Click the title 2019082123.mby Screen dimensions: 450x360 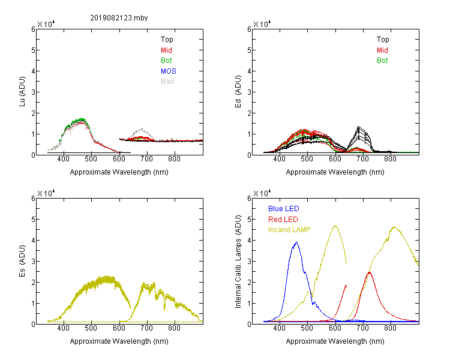(x=119, y=18)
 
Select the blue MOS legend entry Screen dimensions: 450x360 (x=169, y=71)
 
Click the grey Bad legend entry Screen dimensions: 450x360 (x=167, y=82)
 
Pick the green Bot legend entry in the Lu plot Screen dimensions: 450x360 (x=166, y=61)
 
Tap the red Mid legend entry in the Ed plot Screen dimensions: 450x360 (x=382, y=50)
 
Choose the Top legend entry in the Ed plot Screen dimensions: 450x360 (x=383, y=40)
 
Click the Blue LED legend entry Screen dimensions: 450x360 (x=284, y=209)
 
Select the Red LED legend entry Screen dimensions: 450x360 (x=283, y=220)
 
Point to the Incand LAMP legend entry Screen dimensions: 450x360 (x=289, y=230)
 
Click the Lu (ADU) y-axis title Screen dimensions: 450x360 (x=22, y=92)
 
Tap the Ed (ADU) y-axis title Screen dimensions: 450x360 (x=238, y=92)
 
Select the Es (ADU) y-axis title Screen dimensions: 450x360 (x=22, y=261)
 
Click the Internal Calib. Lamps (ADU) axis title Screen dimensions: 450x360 (x=238, y=262)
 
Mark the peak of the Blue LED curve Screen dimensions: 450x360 (x=296, y=242)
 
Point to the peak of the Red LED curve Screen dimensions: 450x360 (x=370, y=272)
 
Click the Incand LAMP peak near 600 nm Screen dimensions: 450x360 (x=335, y=226)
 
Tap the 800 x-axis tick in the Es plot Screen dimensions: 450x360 (x=174, y=328)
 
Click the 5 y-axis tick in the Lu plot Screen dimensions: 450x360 (x=33, y=50)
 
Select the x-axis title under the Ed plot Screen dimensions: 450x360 (x=335, y=172)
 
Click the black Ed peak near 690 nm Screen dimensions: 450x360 (x=358, y=127)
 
